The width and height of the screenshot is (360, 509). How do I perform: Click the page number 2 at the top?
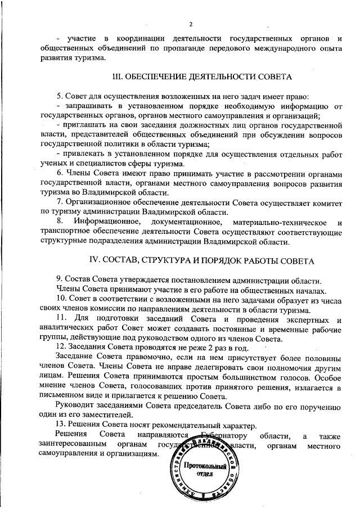tap(191, 24)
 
